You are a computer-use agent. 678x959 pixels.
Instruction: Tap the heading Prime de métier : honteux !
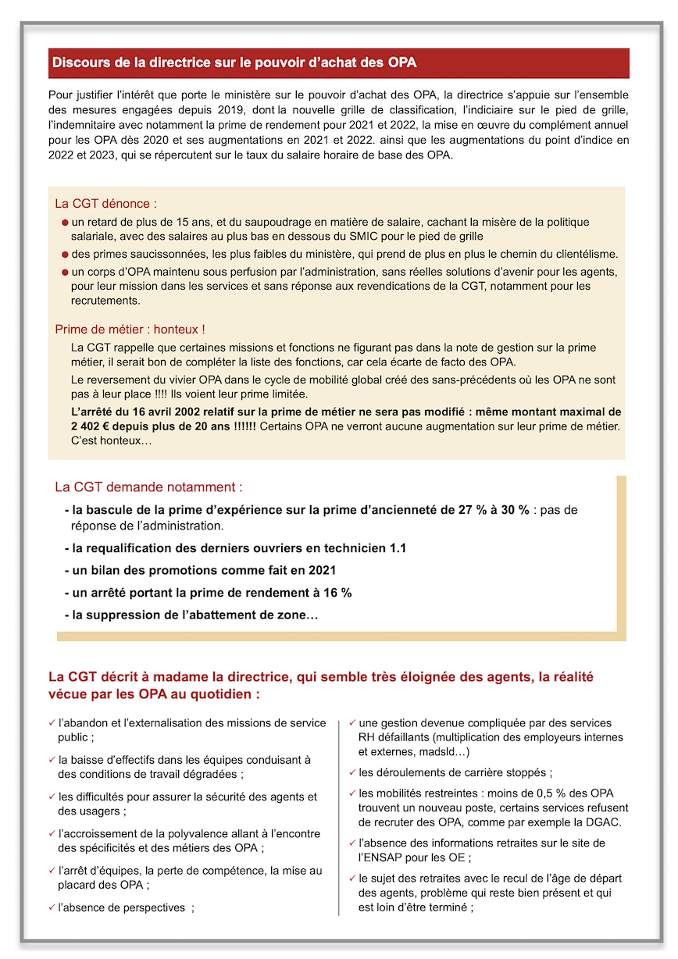tap(130, 330)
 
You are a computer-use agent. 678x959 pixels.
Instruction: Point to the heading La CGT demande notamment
tap(148, 487)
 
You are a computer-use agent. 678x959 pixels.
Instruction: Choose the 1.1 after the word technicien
tap(398, 548)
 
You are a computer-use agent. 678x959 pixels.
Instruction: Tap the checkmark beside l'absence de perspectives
tap(52, 907)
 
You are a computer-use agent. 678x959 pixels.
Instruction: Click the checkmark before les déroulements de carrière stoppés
tap(352, 772)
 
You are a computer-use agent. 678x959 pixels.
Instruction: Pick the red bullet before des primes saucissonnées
tap(66, 255)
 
